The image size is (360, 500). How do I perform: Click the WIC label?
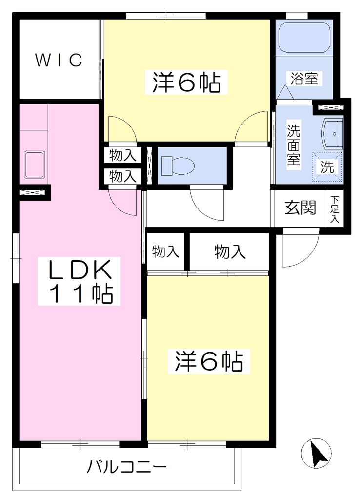(59, 60)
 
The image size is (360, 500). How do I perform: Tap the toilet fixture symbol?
(178, 166)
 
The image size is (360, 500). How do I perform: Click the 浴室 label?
(304, 79)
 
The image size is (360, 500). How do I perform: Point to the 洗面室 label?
(293, 145)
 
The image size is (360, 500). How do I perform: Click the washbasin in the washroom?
(333, 134)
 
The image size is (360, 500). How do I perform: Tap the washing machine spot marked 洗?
(327, 167)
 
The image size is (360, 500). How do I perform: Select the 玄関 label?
(300, 208)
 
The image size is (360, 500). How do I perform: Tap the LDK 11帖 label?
(80, 281)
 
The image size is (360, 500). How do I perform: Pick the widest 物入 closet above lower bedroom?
(229, 252)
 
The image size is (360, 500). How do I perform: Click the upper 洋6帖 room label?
(186, 82)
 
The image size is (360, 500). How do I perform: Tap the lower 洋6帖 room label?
(209, 361)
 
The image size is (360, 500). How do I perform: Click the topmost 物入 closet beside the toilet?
(122, 156)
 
